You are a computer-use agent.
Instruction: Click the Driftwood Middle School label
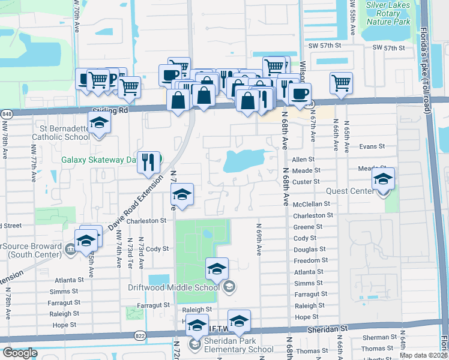173,287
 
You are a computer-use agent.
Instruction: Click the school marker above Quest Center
383,179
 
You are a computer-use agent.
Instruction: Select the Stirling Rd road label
110,111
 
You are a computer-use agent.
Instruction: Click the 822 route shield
139,335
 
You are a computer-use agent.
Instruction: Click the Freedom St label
311,260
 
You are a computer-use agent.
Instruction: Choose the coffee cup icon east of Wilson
300,93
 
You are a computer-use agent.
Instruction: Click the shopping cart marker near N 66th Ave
341,83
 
